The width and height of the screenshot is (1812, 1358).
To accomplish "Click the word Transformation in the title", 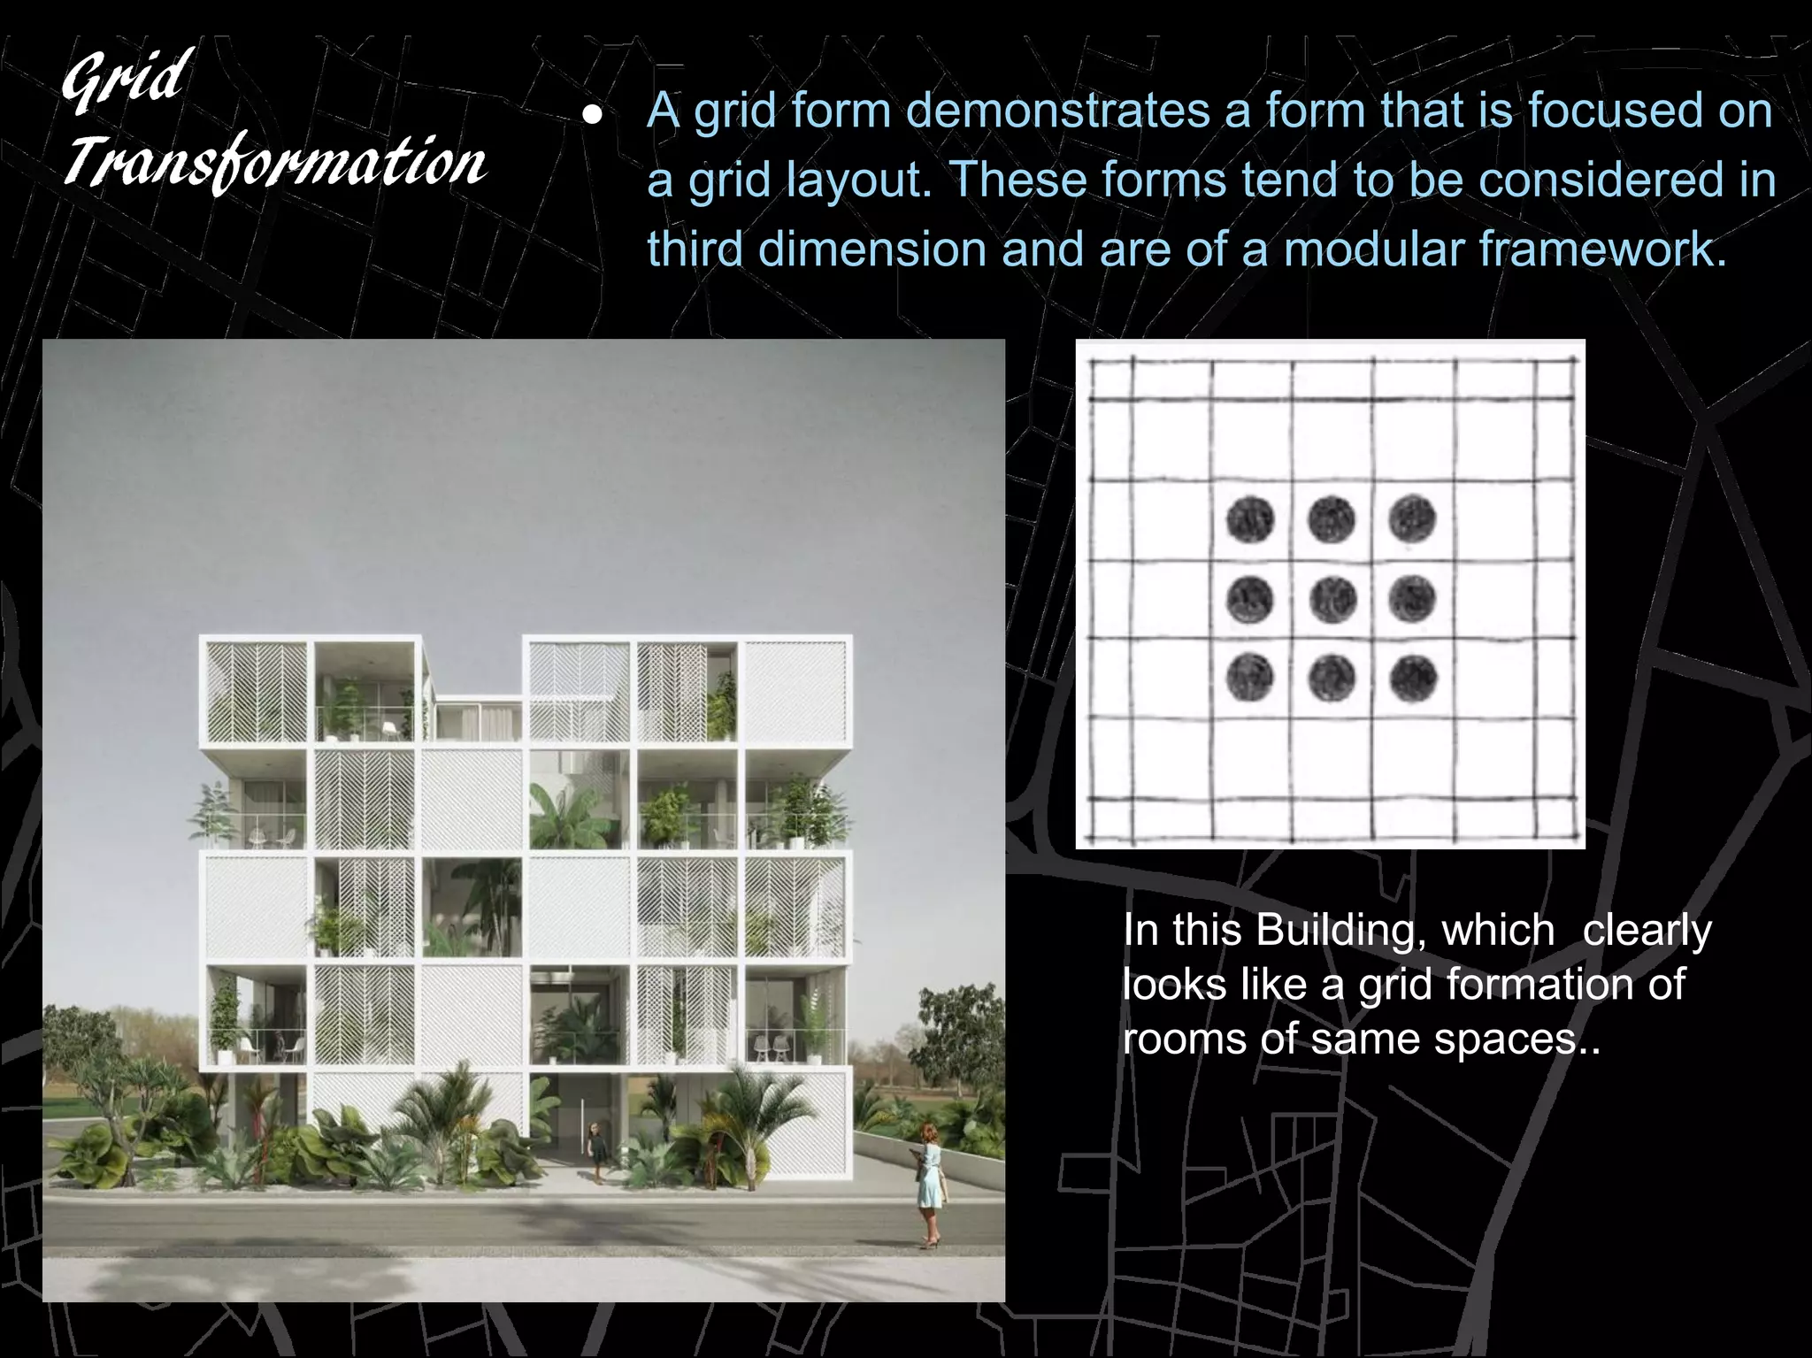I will tap(274, 164).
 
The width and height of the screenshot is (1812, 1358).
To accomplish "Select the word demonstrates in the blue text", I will tap(1058, 111).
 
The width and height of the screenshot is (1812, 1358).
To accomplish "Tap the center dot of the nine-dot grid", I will tap(1331, 599).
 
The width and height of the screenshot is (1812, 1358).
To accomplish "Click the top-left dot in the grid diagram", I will tap(1250, 518).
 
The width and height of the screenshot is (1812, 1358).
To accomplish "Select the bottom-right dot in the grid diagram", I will tap(1412, 679).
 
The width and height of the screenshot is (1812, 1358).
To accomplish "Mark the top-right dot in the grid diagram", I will tap(1412, 518).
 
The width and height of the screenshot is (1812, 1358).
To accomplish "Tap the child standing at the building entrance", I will tap(598, 1150).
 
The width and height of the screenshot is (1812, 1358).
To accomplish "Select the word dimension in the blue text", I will tap(872, 249).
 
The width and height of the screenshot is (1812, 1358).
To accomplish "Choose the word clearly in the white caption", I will tap(1647, 931).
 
